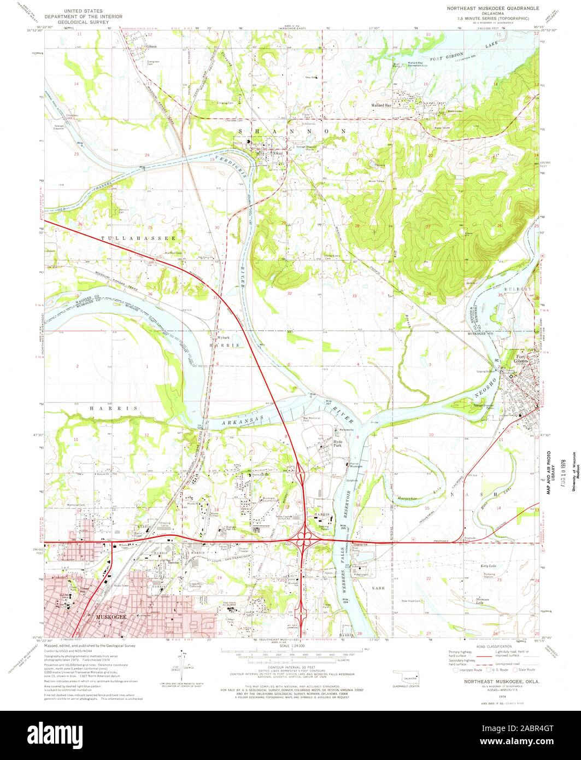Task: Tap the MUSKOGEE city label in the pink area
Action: coord(111,617)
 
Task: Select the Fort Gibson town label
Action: coord(523,360)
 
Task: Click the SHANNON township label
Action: coord(292,131)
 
